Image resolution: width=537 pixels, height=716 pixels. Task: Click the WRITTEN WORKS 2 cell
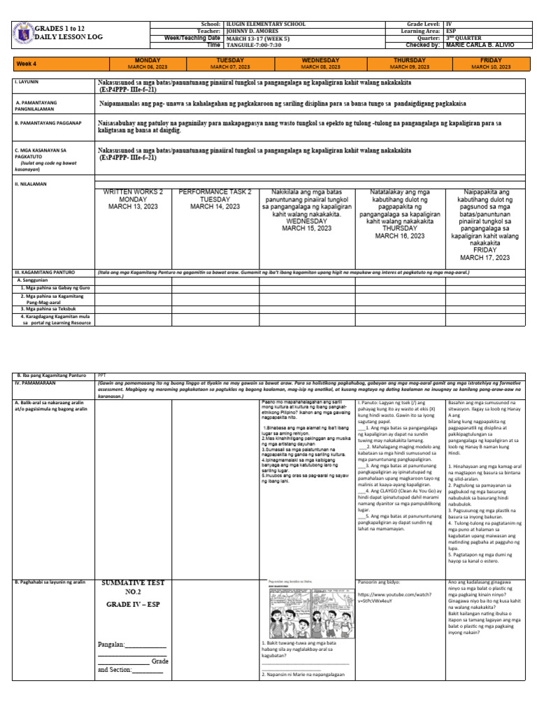pos(134,199)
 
